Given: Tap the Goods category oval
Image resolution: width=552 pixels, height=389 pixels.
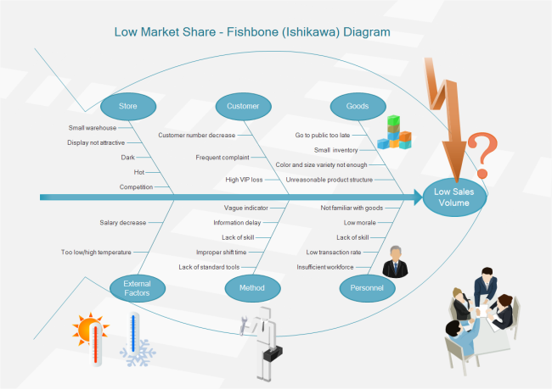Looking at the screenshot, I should tap(358, 106).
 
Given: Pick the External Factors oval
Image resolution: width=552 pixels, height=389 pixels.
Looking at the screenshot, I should tap(137, 288).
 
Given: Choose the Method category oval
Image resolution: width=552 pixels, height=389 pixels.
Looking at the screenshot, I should tap(252, 288).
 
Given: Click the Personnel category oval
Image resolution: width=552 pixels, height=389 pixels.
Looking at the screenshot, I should tap(367, 288).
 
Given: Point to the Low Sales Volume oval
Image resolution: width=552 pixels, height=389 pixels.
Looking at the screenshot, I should tap(457, 197).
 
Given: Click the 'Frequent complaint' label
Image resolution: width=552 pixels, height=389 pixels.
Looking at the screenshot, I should tap(222, 157).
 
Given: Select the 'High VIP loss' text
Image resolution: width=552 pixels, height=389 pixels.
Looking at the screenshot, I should tap(244, 180).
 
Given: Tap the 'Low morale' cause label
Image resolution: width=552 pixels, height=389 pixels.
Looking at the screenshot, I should tap(360, 223).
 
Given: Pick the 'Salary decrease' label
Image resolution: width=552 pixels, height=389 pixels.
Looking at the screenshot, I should tap(123, 223).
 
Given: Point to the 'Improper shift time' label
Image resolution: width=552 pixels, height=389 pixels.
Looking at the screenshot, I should tap(222, 252).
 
